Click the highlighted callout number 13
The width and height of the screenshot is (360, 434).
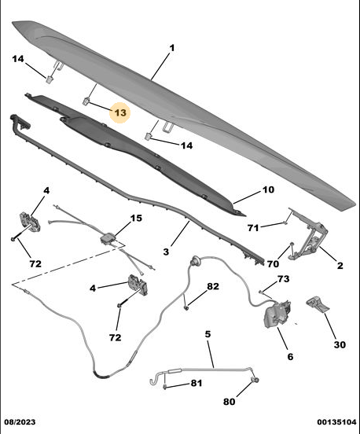pyautogui.click(x=120, y=112)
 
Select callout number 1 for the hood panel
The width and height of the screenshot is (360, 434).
pyautogui.click(x=172, y=48)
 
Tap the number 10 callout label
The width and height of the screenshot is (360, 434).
pyautogui.click(x=268, y=190)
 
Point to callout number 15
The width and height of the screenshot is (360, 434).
pyautogui.click(x=136, y=218)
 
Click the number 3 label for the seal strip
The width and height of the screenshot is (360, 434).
pyautogui.click(x=166, y=252)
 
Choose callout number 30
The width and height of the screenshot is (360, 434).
pyautogui.click(x=340, y=345)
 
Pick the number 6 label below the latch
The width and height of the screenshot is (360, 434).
pyautogui.click(x=290, y=356)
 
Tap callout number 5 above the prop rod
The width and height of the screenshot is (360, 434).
pyautogui.click(x=208, y=334)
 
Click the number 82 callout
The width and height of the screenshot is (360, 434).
pyautogui.click(x=213, y=286)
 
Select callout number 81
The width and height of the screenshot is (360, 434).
pyautogui.click(x=197, y=383)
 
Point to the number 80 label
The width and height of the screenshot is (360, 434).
pyautogui.click(x=229, y=401)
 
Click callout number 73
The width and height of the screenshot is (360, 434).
pyautogui.click(x=283, y=279)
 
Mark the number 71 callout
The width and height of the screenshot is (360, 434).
pyautogui.click(x=253, y=228)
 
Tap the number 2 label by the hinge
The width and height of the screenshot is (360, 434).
pyautogui.click(x=340, y=266)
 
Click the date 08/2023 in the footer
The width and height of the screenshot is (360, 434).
pyautogui.click(x=20, y=422)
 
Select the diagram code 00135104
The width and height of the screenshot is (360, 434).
pyautogui.click(x=336, y=422)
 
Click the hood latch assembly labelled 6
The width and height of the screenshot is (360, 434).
pyautogui.click(x=277, y=314)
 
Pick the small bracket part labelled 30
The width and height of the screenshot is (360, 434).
pyautogui.click(x=318, y=304)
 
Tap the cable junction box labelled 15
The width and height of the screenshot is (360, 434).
pyautogui.click(x=108, y=238)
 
